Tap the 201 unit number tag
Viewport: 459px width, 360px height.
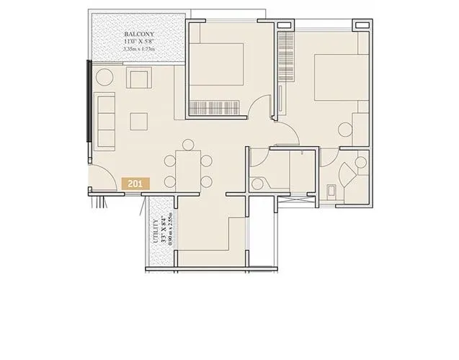click(135, 184)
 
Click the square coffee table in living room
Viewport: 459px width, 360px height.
click(139, 119)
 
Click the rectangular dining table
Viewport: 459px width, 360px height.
click(187, 170)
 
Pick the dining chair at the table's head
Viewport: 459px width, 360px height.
click(187, 144)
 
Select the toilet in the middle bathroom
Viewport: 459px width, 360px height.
click(259, 182)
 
